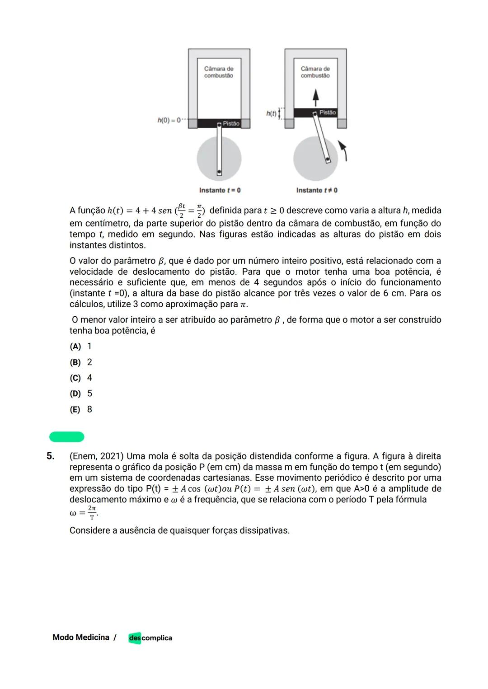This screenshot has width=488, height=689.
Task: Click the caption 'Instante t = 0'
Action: point(220,190)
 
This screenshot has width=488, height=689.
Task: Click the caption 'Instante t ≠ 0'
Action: point(317,190)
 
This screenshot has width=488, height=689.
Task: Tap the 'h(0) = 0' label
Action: point(169,120)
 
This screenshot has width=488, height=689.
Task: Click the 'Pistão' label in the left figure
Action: point(231,123)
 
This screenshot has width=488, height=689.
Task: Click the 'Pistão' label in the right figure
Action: point(328,112)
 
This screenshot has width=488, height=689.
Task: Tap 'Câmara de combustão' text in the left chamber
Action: point(219,72)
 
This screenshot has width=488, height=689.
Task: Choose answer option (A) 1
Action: point(81,347)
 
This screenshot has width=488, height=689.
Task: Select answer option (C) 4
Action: point(81,378)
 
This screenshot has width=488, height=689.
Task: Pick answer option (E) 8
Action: point(81,410)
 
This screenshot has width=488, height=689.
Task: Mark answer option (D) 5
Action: point(81,394)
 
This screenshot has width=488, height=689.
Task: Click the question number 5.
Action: point(51,456)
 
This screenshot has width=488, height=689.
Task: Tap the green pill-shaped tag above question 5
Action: point(67,437)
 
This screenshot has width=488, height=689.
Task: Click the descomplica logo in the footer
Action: point(150,638)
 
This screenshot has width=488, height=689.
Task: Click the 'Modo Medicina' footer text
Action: point(81,637)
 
